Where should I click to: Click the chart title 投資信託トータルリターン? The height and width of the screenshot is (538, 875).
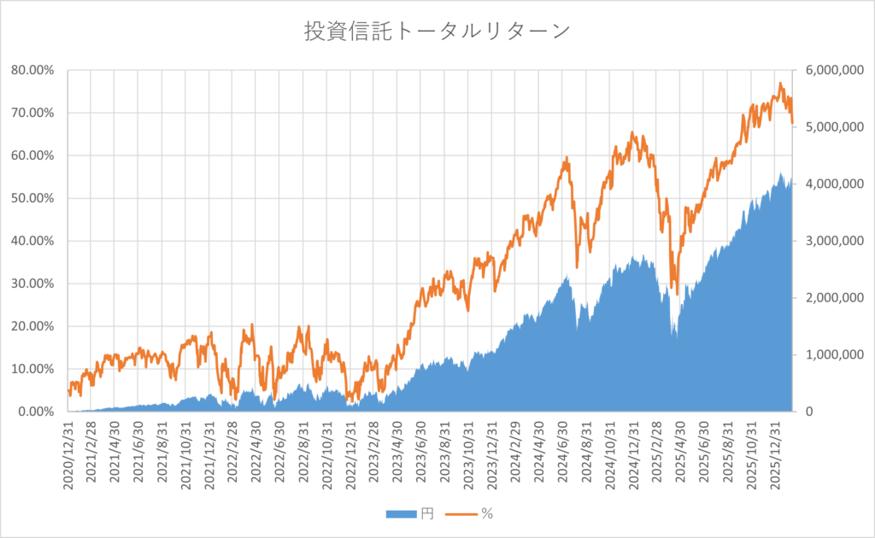click(437, 32)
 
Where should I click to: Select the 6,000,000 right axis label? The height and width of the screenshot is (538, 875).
click(828, 70)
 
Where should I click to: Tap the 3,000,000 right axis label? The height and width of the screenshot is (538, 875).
click(828, 241)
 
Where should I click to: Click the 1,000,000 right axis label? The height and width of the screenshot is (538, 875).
click(828, 354)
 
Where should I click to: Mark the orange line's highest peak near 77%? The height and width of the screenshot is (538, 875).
click(779, 84)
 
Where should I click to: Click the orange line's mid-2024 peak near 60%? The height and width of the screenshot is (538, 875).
click(567, 158)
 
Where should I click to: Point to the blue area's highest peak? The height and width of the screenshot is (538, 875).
click(780, 173)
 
